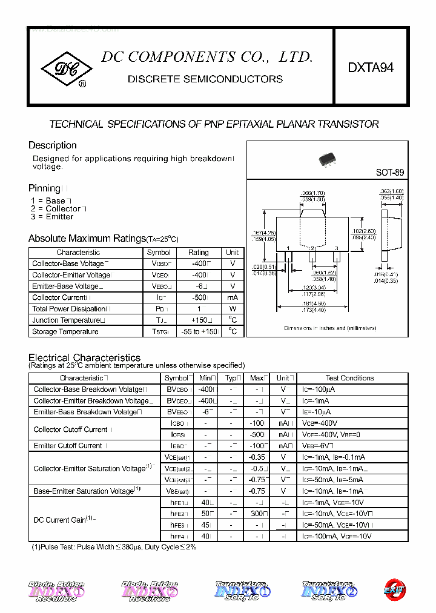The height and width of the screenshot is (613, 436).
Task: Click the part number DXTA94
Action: (x=371, y=68)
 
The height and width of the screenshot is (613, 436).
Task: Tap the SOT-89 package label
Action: (x=389, y=173)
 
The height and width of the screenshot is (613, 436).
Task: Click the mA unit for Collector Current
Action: (x=232, y=297)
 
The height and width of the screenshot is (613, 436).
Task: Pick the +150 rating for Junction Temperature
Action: (x=199, y=320)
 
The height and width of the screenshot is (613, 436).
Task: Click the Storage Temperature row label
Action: (x=65, y=331)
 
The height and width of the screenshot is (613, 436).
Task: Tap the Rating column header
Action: (x=198, y=252)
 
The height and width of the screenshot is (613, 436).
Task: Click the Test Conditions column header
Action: (x=349, y=378)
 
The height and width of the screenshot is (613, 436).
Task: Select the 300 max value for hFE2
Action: (x=257, y=514)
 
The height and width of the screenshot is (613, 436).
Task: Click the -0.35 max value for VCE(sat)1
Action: (x=257, y=457)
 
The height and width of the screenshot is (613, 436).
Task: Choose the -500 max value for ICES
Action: (x=257, y=434)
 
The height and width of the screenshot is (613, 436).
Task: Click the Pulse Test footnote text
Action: (x=114, y=546)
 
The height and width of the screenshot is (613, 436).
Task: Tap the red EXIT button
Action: (x=394, y=589)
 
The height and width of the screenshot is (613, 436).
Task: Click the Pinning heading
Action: (x=44, y=188)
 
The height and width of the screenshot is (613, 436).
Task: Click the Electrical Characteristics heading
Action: (x=84, y=357)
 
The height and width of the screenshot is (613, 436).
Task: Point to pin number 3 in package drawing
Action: (x=337, y=248)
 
